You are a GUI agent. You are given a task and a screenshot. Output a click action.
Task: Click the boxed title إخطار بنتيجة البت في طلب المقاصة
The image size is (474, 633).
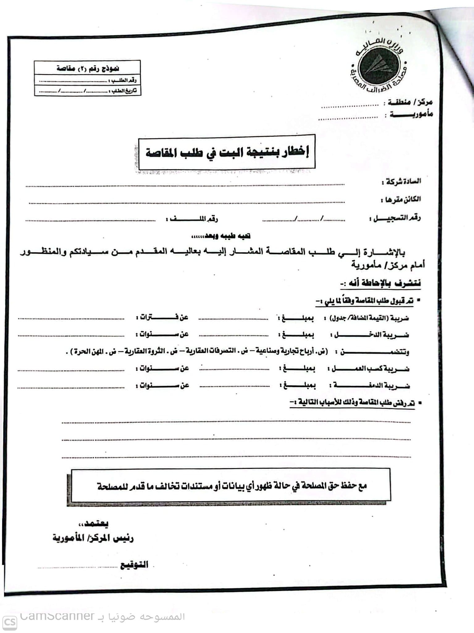(x=227, y=152)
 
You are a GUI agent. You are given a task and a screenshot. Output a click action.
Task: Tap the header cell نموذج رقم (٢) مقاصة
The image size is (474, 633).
(x=88, y=68)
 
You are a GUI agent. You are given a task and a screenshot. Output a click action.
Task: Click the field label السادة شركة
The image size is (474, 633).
(x=401, y=181)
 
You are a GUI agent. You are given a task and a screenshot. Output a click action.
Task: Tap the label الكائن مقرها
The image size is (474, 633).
(x=401, y=199)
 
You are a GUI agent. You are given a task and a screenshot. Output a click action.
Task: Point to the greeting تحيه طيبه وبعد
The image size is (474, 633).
(x=221, y=236)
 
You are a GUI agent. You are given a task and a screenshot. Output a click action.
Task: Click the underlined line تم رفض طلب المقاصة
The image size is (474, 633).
(x=352, y=403)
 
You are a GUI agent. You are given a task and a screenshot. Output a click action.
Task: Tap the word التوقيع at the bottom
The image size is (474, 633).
(x=134, y=565)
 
